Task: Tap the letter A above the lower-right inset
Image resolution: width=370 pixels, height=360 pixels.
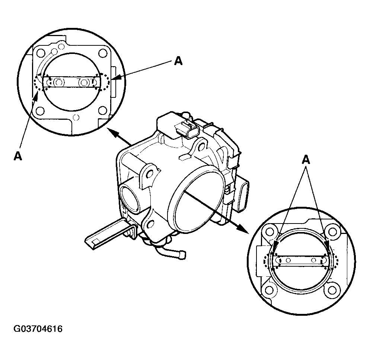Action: tap(306, 160)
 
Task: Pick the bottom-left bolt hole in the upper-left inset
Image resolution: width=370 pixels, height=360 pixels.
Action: tap(40, 110)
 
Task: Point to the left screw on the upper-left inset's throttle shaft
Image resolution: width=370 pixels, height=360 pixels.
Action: tap(58, 82)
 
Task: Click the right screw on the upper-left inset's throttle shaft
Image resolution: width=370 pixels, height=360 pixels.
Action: tap(84, 82)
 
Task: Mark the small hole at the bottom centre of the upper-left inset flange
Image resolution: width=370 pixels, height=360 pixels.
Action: tap(76, 118)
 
